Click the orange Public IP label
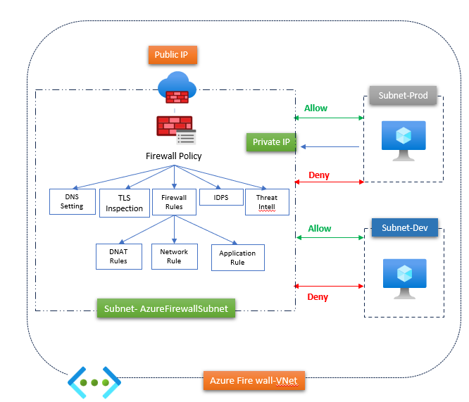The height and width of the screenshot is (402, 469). click(172, 54)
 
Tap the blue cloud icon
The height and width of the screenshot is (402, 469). click(177, 87)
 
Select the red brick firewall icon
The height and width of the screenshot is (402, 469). click(175, 127)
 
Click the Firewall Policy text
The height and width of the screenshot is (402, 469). click(173, 156)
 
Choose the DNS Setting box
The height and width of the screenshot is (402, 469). click(72, 201)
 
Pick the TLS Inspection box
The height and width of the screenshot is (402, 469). click(124, 203)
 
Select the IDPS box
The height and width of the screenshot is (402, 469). click(221, 197)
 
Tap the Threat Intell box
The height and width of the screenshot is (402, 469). click(266, 202)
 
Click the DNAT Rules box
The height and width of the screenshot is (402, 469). click(118, 256)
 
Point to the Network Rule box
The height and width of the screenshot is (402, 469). click(174, 256)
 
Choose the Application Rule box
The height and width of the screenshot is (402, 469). click(237, 258)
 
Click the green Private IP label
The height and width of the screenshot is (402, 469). click(271, 142)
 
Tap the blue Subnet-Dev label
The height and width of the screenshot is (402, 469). click(404, 228)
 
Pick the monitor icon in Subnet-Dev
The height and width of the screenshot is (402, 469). click(404, 276)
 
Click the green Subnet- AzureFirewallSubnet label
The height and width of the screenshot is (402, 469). click(165, 308)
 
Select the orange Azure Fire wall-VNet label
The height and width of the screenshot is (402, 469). click(254, 381)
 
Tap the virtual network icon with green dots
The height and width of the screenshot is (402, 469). click(94, 383)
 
